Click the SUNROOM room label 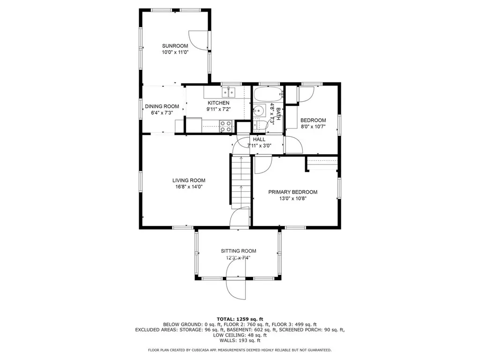point(175,46)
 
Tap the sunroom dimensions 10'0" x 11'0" point(175,52)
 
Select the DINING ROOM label point(162,106)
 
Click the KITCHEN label point(218,103)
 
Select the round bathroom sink point(258,112)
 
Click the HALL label point(259,139)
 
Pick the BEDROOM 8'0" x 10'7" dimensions point(313,126)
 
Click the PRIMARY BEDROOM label point(292,192)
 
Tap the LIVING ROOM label point(188,180)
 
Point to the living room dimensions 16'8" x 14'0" point(188,187)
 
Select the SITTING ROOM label point(239,251)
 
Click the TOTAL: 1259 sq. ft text point(240,319)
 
